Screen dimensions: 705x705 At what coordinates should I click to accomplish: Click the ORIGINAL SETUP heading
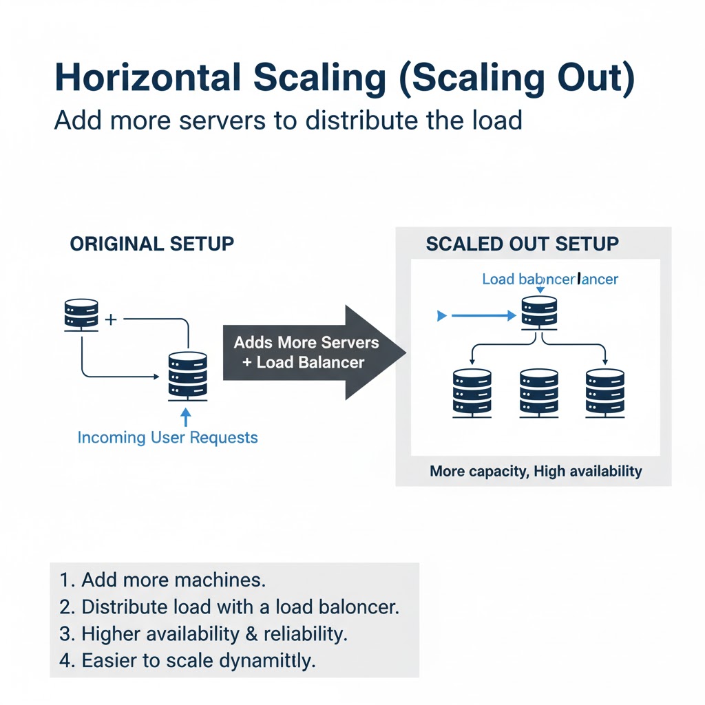click(x=152, y=244)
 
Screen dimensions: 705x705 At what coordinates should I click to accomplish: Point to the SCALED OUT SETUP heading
click(x=523, y=244)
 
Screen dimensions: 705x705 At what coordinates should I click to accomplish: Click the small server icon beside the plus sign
click(x=81, y=315)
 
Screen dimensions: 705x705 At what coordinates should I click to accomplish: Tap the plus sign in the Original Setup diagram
click(x=111, y=319)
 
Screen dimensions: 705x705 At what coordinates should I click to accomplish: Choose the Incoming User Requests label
click(x=167, y=438)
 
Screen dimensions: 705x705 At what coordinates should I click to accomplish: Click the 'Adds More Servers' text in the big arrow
click(x=306, y=342)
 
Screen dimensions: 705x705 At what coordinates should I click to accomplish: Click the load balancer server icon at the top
click(x=539, y=313)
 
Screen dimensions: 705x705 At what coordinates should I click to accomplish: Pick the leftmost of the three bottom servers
click(x=472, y=393)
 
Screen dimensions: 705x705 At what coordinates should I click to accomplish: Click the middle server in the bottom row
click(x=539, y=393)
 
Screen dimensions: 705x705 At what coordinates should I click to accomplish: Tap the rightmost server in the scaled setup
click(x=604, y=393)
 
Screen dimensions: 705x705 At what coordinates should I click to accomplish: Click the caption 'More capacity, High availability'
click(x=536, y=472)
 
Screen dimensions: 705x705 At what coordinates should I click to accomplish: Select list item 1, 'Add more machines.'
click(x=162, y=580)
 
